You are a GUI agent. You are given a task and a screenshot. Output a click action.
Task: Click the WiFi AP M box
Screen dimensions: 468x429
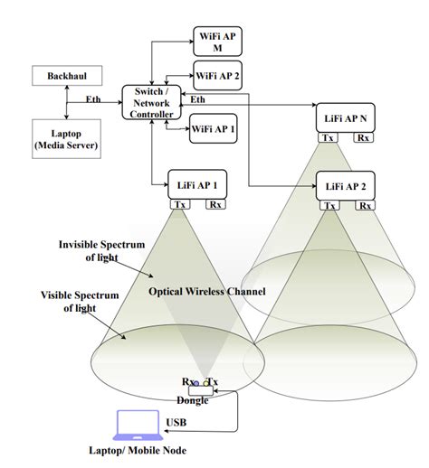217,40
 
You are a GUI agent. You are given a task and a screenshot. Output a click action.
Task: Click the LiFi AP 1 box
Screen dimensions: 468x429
196,184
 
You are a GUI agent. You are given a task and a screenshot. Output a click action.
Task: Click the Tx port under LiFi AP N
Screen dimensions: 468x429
328,138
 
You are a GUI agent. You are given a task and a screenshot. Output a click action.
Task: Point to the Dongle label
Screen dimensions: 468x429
193,399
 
